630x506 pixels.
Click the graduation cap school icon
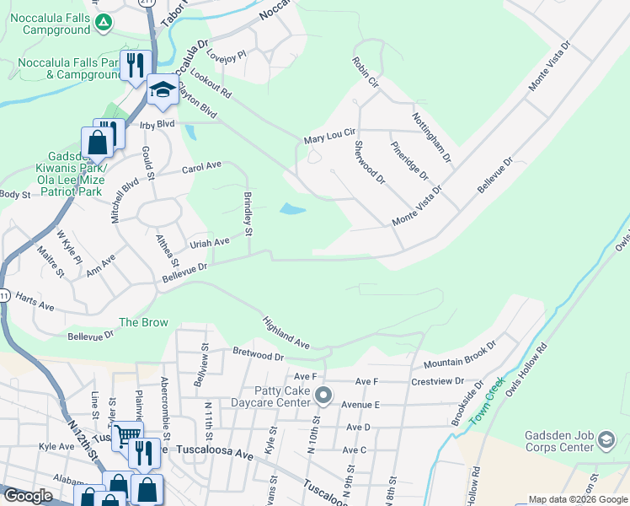tap(161, 89)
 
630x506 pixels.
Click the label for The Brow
tap(143, 322)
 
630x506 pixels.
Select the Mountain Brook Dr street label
tap(460, 354)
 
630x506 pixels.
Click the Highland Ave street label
tap(286, 331)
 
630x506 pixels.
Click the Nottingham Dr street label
tap(431, 137)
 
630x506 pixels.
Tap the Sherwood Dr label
tap(369, 163)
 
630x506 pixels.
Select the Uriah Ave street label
tap(210, 242)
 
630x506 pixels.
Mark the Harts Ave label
tap(35, 299)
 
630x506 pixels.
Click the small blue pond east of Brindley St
tap(291, 208)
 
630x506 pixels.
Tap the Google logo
tap(28, 496)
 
